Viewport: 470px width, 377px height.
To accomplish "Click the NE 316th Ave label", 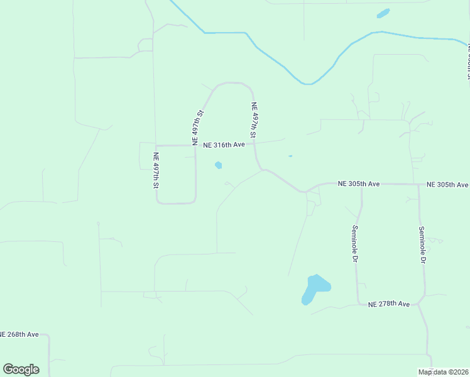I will tap(224, 145).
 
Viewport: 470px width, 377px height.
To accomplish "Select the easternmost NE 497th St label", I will tap(254, 120).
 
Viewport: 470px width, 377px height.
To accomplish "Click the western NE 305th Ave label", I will tap(359, 184).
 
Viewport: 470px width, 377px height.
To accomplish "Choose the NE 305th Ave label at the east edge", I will tap(447, 185).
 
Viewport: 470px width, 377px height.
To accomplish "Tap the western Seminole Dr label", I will tap(355, 244).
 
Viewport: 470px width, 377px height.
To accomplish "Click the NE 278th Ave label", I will tap(389, 304).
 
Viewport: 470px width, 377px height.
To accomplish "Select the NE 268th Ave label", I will tap(19, 334).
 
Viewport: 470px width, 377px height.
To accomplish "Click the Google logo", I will tap(21, 369).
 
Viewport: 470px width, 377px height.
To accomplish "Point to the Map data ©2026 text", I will tap(444, 372).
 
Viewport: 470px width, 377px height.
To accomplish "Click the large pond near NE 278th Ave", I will tap(314, 288).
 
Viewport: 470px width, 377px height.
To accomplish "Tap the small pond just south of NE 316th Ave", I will tap(218, 165).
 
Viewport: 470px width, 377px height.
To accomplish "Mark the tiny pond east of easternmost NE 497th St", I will tap(290, 156).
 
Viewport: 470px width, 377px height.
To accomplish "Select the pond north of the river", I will tap(383, 13).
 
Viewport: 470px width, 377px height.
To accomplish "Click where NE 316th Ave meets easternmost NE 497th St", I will tap(254, 144).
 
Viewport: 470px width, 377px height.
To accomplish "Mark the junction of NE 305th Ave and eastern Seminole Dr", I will tap(420, 185).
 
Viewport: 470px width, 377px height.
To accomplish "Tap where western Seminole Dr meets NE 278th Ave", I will tap(358, 304).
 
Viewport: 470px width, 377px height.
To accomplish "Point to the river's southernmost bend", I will tap(307, 83).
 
